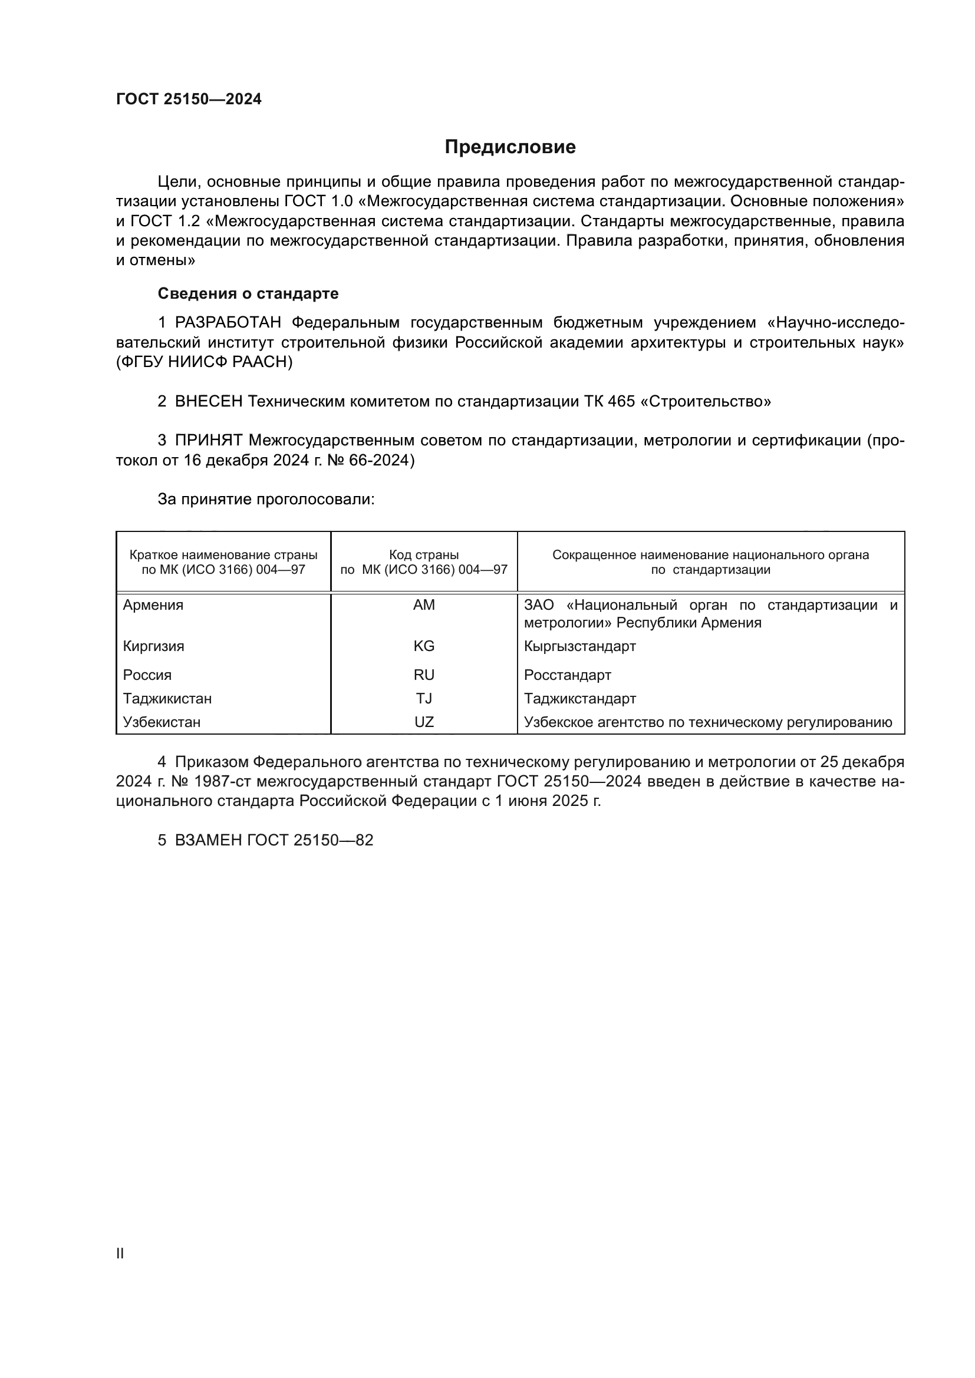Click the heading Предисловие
510,147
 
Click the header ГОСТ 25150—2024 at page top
189,100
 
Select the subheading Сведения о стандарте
248,293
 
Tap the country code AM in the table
424,605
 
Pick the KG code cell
424,646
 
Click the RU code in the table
424,675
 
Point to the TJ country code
424,699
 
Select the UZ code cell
424,722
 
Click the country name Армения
153,605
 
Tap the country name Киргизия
154,646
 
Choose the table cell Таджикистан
167,699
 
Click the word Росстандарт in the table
567,675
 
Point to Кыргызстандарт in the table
579,646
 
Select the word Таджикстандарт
580,699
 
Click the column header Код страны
424,555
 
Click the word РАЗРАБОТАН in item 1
228,323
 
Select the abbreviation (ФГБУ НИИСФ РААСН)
204,362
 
